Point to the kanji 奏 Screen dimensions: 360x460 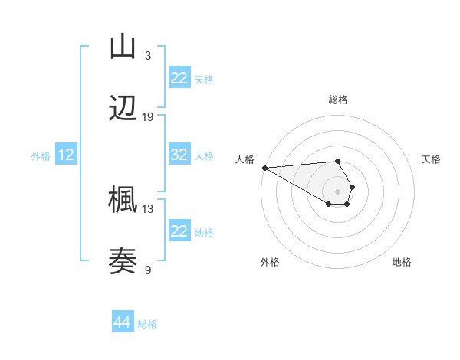[x=123, y=261]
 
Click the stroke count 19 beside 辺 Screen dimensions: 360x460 [x=148, y=117]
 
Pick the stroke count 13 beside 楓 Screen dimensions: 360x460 [x=148, y=208]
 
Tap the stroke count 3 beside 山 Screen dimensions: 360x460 [x=148, y=56]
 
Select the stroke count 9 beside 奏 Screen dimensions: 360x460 [x=148, y=270]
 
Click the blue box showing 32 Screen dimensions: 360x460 [x=179, y=155]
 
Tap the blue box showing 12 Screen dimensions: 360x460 [x=66, y=155]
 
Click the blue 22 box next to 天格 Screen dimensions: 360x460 [x=179, y=78]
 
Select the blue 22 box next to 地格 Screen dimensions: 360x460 [x=179, y=231]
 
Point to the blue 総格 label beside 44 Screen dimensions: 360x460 [x=147, y=324]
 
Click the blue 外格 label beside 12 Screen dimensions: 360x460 [x=41, y=156]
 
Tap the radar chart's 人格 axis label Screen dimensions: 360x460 [x=245, y=159]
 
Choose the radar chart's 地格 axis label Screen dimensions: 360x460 [x=402, y=262]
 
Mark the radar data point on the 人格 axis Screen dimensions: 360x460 [x=264, y=168]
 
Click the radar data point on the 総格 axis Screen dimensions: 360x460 [x=337, y=161]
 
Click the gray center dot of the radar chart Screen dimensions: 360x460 [x=337, y=191]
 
